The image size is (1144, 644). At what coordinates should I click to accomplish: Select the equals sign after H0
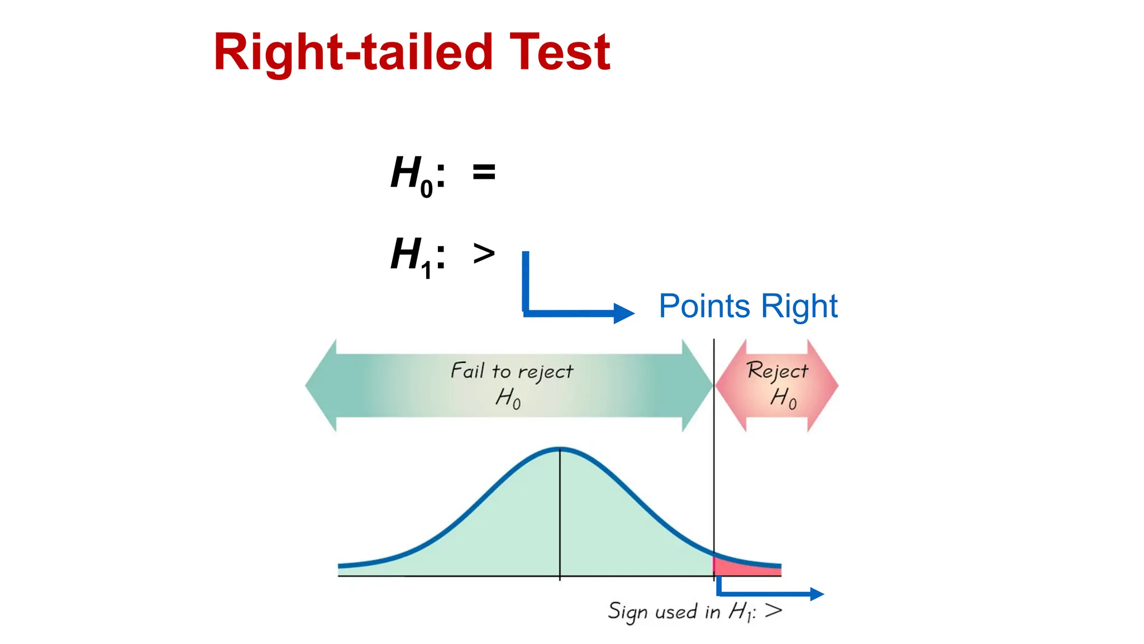[x=484, y=172]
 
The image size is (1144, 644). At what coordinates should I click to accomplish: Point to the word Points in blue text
[x=704, y=306]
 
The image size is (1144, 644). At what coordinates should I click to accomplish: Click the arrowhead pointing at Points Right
[x=624, y=313]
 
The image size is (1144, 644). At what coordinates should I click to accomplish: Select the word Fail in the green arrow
[x=468, y=371]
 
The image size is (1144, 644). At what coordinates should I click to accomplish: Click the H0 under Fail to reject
[x=508, y=398]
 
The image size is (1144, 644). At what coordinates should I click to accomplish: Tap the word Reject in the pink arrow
[x=778, y=371]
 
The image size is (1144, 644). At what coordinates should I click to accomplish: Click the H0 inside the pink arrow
[x=783, y=398]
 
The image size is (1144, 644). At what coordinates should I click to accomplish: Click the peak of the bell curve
[x=560, y=448]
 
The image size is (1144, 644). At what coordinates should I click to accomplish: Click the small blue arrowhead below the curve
[x=817, y=594]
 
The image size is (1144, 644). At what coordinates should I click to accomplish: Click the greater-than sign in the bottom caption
[x=774, y=610]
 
